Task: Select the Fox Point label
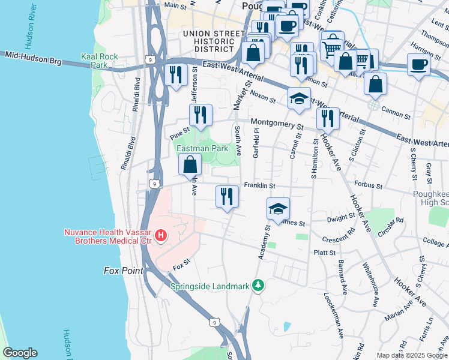click(124, 271)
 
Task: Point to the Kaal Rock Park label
click(100, 61)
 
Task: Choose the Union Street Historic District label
click(208, 41)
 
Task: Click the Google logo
click(19, 353)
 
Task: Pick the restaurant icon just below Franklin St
click(227, 197)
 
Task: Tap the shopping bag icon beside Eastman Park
click(190, 164)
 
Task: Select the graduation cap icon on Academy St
click(278, 209)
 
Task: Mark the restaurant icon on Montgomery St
click(328, 118)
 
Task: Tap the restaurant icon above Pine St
click(200, 115)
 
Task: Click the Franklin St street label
click(258, 186)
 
